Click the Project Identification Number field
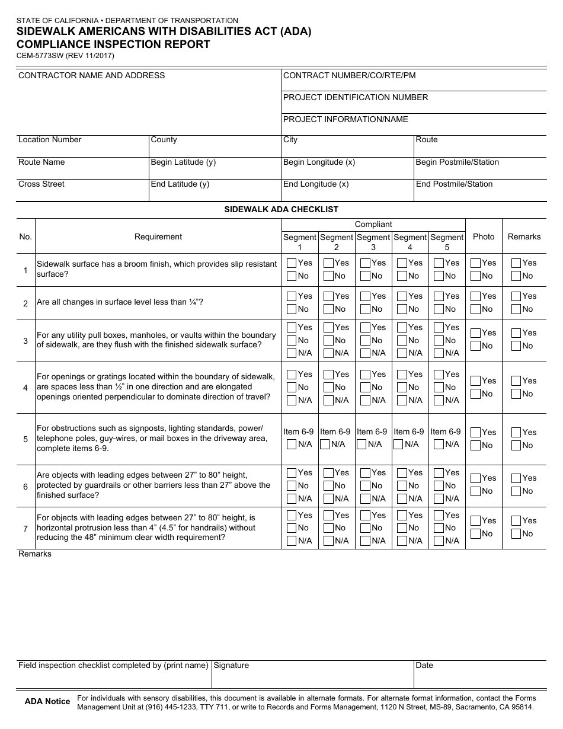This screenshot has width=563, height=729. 414,102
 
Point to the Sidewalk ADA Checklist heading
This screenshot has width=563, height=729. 281,209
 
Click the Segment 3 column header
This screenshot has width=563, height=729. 373,242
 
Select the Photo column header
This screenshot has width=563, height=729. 484,236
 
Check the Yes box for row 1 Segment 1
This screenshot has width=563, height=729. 292,263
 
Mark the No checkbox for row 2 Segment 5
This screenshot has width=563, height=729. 439,309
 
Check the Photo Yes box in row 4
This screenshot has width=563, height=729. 475,381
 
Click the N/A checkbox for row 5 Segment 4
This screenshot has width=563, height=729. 402,445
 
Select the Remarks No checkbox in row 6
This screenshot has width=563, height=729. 516,491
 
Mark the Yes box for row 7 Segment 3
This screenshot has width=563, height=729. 365,516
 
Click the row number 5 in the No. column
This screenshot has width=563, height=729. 25,439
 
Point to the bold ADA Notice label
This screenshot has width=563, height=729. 47,702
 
